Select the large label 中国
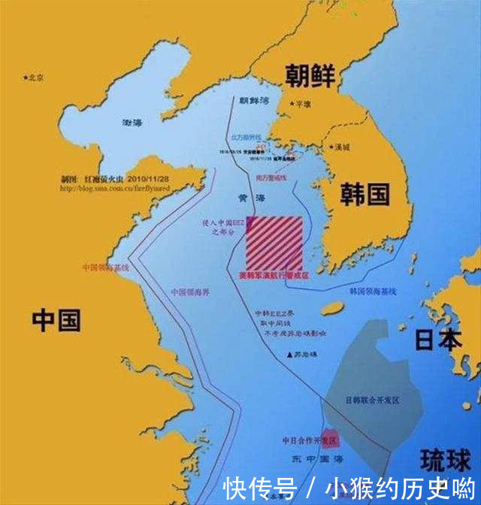point(56,321)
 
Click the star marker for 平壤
point(294,104)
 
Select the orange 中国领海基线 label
point(106,267)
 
